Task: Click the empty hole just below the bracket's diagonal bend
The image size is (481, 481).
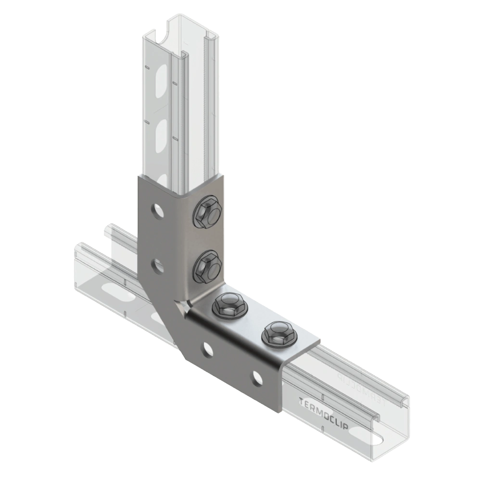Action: click(207, 346)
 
